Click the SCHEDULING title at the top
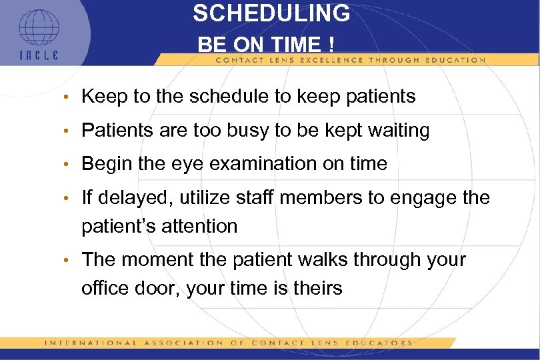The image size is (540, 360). (271, 13)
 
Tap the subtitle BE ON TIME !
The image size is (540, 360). (267, 45)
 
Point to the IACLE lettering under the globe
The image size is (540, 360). (38, 55)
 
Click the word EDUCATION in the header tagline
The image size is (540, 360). (457, 60)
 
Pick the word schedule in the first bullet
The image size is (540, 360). (224, 97)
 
